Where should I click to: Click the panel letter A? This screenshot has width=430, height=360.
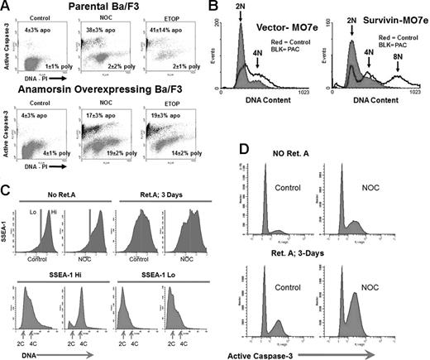[7, 7]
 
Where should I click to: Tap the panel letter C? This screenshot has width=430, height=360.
[7, 190]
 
